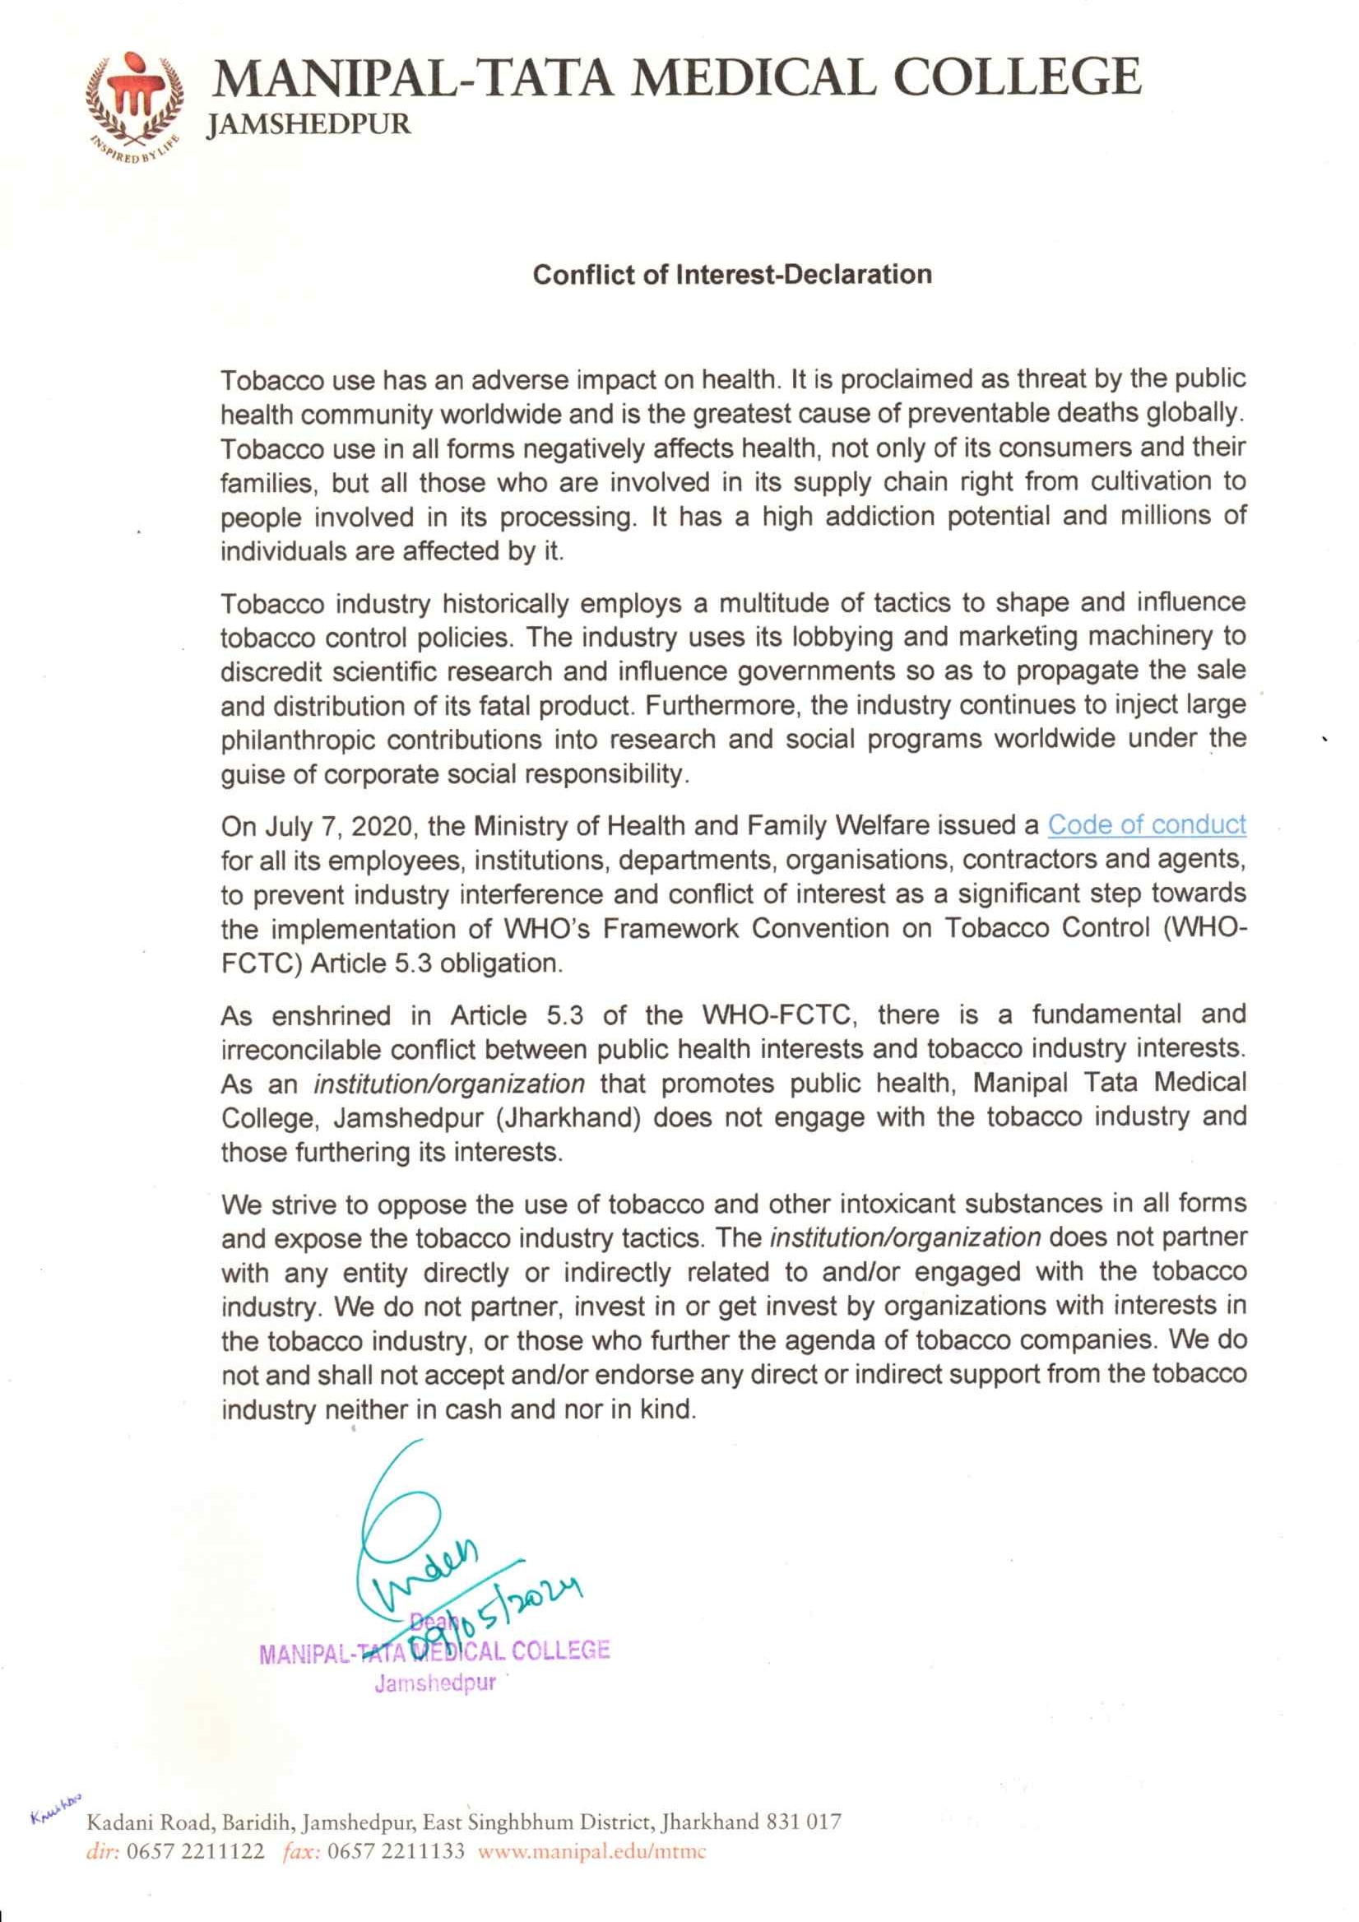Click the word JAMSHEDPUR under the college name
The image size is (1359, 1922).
[308, 126]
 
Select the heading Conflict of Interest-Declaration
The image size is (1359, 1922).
[732, 275]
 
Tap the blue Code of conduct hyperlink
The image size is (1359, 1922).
[1147, 824]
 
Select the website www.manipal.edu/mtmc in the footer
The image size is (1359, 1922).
[591, 1851]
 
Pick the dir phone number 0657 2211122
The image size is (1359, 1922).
[195, 1851]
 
